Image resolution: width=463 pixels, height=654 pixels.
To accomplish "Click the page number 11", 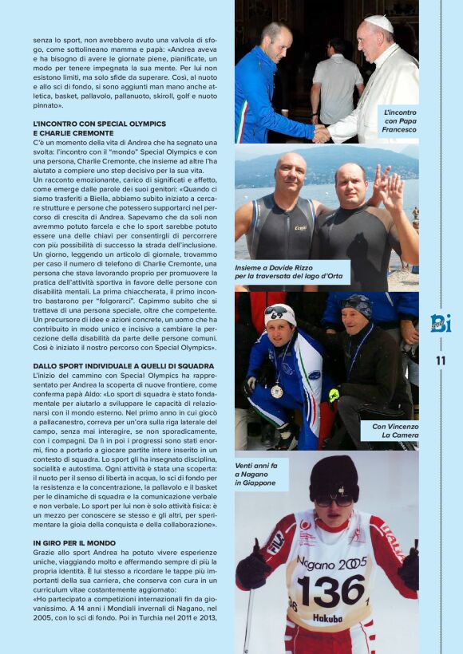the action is [441, 360].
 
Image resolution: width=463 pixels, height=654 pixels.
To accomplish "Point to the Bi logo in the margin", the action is [441, 323].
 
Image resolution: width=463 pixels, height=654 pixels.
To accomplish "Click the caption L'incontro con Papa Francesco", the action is [398, 121].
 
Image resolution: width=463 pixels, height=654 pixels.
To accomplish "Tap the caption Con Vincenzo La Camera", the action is [394, 431].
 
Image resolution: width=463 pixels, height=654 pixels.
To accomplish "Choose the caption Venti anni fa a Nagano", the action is [256, 475].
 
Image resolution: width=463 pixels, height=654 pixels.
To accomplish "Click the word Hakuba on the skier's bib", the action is [327, 617].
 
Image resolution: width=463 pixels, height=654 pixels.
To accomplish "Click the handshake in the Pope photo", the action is [321, 133].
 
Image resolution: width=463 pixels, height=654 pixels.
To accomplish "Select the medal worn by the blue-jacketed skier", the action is [276, 391].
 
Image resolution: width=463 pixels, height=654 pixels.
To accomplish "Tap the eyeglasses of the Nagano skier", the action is [333, 501].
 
